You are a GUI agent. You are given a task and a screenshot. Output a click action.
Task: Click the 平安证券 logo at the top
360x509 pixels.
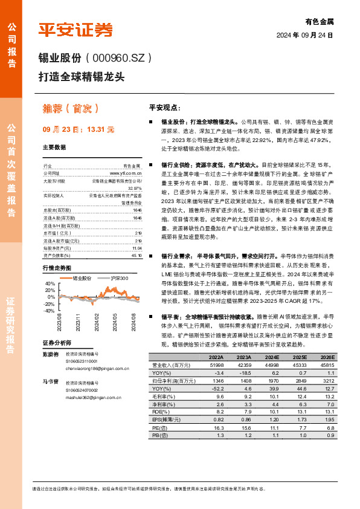pos(76,29)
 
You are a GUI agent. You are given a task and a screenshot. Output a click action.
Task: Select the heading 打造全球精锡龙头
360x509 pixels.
pos(81,77)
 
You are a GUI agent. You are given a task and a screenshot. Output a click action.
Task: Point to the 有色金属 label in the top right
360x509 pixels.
pos(319,21)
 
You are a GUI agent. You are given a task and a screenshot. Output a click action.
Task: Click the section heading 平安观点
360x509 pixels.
pos(164,107)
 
